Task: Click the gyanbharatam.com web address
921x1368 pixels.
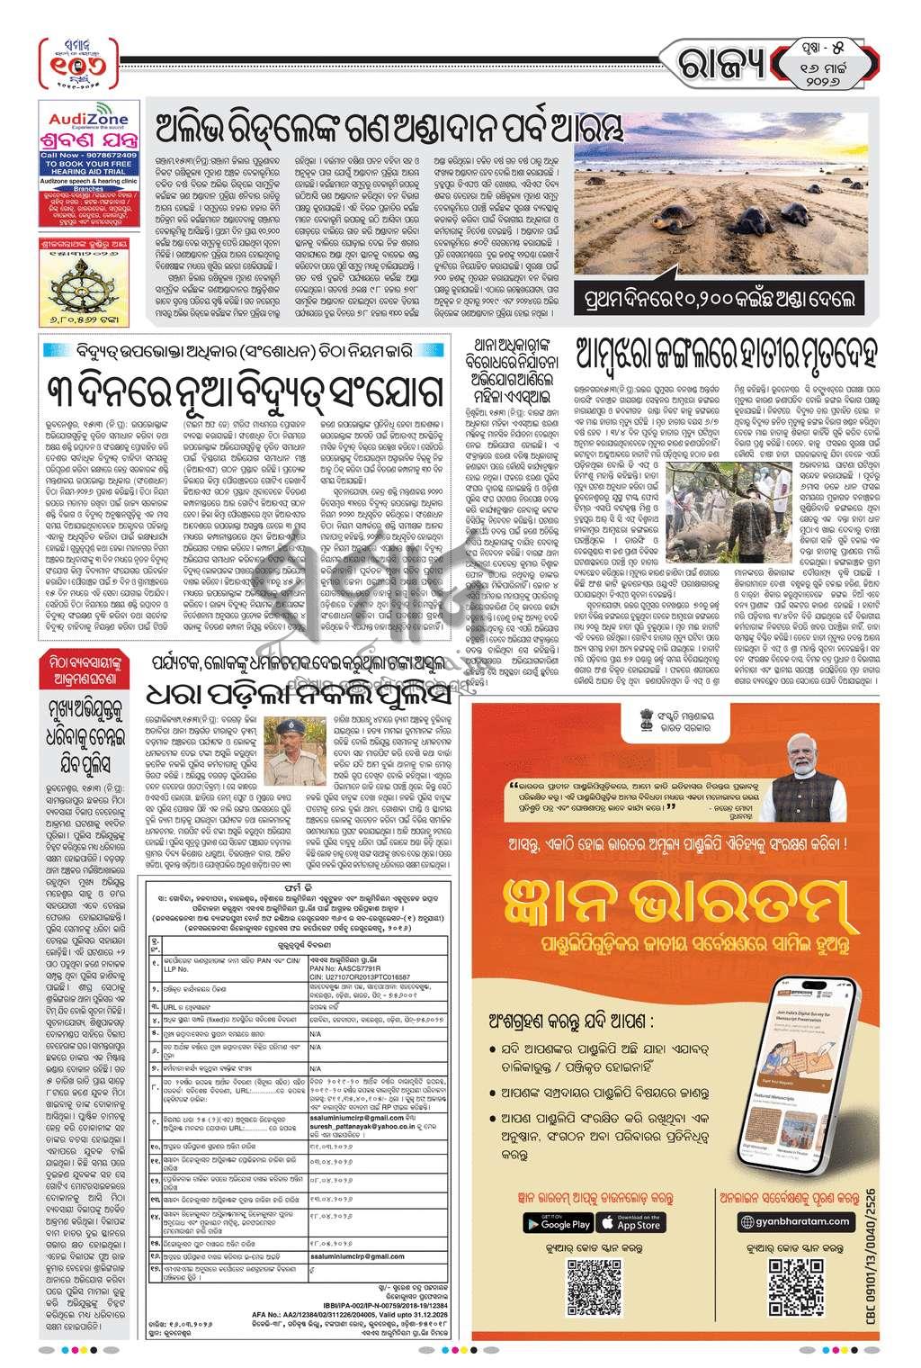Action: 793,1221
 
